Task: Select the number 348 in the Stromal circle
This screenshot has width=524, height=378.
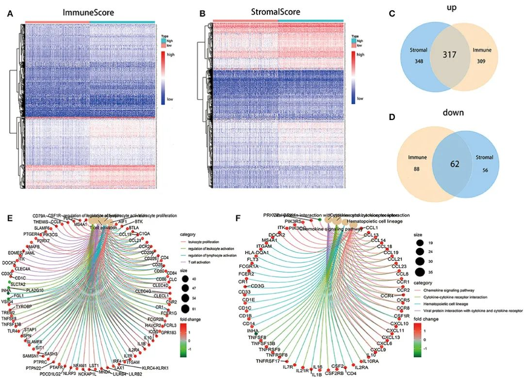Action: coord(414,62)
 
